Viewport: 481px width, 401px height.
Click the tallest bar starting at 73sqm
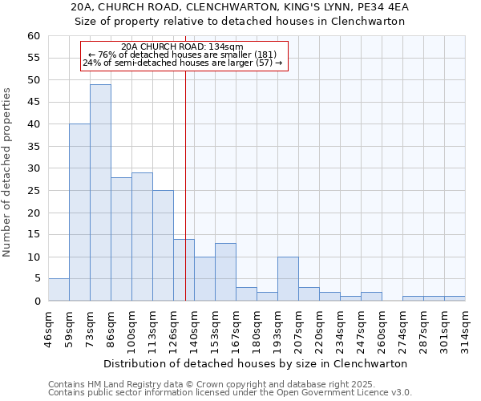click(100, 192)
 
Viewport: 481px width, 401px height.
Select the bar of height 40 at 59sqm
click(79, 213)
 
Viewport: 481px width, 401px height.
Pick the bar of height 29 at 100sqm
click(142, 237)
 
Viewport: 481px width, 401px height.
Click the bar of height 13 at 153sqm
click(225, 272)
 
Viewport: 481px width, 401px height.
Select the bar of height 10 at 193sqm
click(288, 278)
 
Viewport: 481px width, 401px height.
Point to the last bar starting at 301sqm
click(455, 298)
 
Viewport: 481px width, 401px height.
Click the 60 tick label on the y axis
click(34, 36)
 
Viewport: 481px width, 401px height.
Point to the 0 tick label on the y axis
click(37, 302)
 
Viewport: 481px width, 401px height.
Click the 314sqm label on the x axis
click(465, 327)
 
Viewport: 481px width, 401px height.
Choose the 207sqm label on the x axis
click(299, 327)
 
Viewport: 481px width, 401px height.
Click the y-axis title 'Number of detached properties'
click(8, 172)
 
